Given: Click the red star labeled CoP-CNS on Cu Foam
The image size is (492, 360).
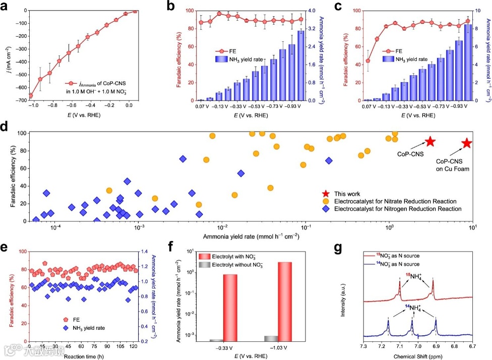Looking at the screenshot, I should click(x=467, y=143).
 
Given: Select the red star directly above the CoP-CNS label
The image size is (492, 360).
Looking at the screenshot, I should click(x=430, y=141).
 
